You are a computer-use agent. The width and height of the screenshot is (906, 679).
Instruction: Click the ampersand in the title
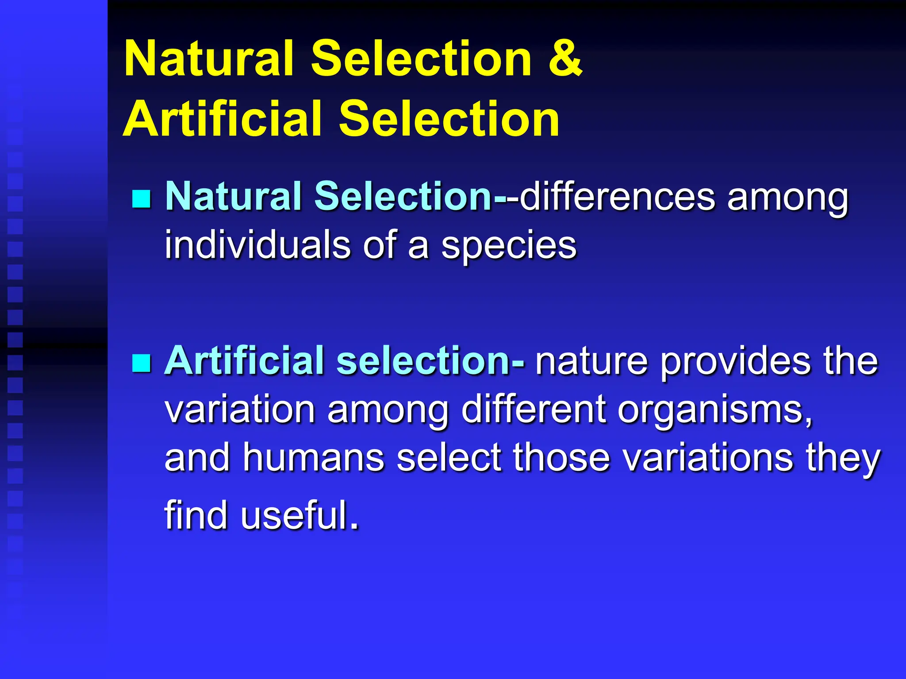coord(565,58)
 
